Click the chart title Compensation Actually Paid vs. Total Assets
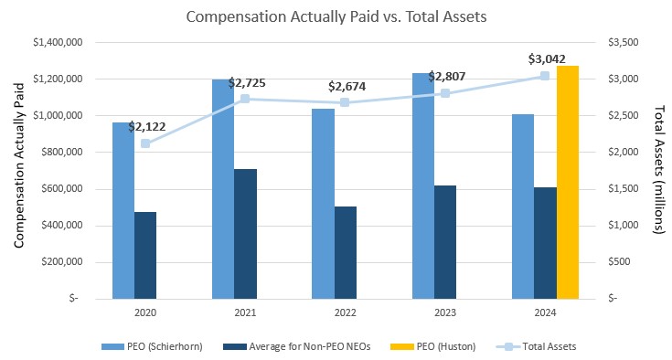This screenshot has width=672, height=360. click(x=336, y=16)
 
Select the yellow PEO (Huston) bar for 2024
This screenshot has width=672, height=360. click(x=567, y=182)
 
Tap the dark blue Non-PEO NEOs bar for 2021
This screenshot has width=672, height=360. click(x=245, y=234)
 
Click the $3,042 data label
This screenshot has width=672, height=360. click(x=546, y=59)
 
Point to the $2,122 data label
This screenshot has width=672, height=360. click(x=146, y=127)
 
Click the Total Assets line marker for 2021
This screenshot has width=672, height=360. click(x=245, y=99)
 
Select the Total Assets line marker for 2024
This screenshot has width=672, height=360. click(x=545, y=76)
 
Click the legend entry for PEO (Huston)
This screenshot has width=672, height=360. click(x=445, y=345)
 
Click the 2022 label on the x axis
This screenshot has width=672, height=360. click(x=345, y=312)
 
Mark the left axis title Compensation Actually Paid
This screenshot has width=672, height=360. click(x=17, y=170)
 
